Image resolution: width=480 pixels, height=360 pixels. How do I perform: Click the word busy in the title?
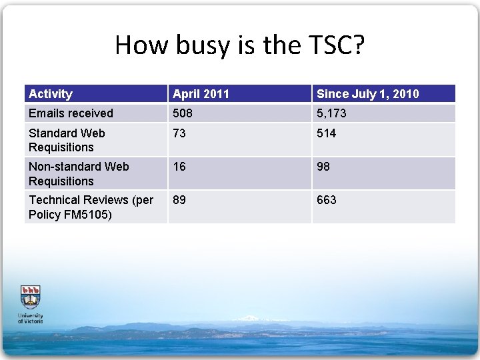point(198,45)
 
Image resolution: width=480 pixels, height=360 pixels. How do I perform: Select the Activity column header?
point(51,94)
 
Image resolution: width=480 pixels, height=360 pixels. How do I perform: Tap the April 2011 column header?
point(201,94)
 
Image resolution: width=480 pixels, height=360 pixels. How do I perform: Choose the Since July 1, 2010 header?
point(367,94)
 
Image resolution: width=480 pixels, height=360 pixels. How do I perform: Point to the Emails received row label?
point(71,113)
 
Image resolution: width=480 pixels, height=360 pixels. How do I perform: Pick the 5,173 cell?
point(331,113)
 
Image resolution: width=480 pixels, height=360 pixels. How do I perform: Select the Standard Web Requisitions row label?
point(67,140)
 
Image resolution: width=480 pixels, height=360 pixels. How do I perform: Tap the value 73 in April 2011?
point(179,133)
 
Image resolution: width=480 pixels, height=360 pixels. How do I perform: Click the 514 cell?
point(327,133)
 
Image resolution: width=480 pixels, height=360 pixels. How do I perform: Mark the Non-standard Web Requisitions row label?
point(79,173)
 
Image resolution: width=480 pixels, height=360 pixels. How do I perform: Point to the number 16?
point(179,167)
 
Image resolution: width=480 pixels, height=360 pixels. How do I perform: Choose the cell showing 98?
point(323,167)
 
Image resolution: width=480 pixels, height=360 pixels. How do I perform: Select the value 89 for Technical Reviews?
point(179,200)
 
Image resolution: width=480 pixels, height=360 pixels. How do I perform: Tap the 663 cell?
point(327,200)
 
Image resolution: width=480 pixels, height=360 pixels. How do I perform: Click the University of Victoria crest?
point(31,297)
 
